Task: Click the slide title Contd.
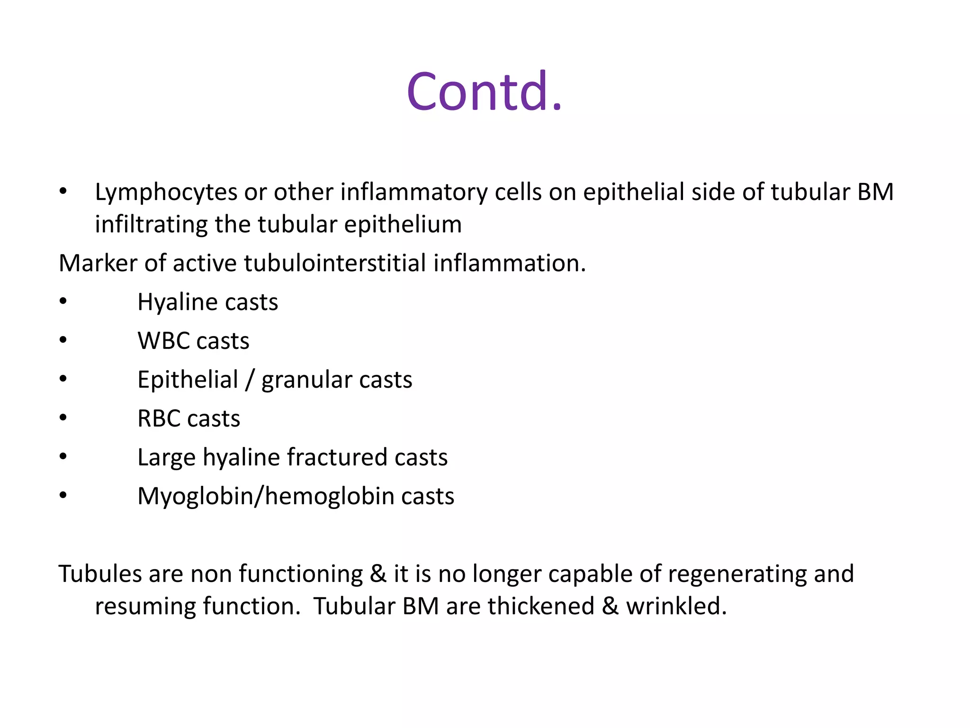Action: click(484, 91)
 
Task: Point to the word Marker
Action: click(98, 264)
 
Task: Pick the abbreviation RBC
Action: click(159, 419)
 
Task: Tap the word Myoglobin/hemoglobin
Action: click(265, 497)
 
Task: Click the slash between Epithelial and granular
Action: click(250, 380)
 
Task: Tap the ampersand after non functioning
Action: click(377, 574)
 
